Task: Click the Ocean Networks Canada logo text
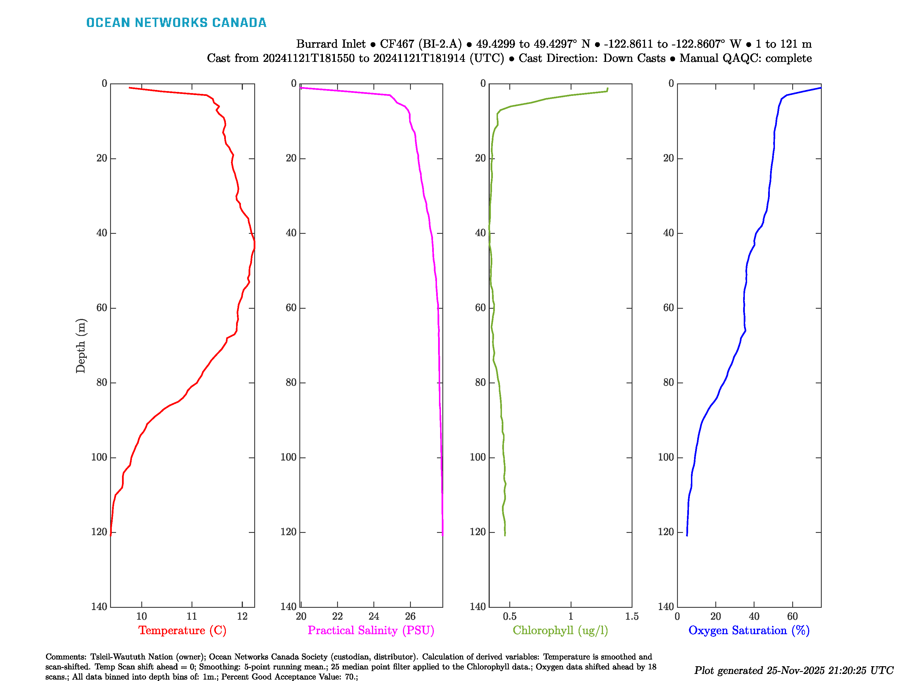point(176,23)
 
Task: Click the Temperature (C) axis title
point(182,630)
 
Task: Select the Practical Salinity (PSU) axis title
point(371,630)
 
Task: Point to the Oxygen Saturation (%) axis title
point(749,630)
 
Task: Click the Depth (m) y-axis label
point(81,346)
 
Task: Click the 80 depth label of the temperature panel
point(102,382)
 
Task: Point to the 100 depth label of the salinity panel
point(288,457)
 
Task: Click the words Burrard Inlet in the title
point(331,44)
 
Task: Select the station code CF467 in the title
point(396,44)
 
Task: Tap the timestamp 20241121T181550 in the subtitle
point(308,58)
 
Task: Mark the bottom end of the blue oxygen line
point(687,535)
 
